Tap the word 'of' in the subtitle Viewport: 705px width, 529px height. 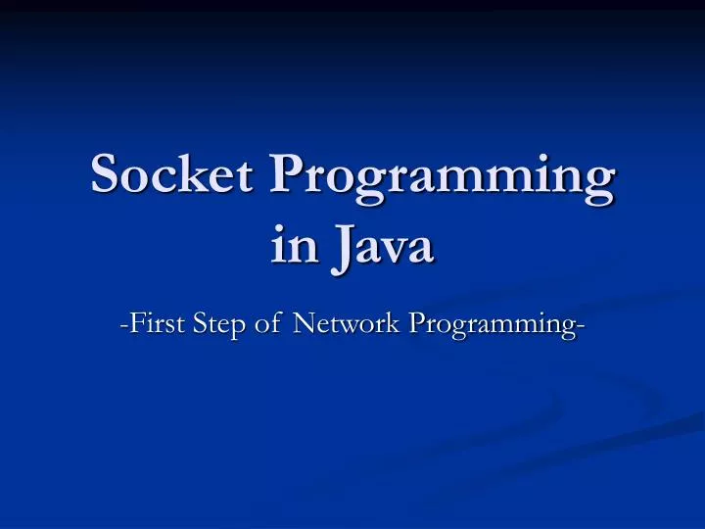click(268, 322)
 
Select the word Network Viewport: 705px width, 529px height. click(348, 322)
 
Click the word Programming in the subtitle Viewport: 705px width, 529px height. click(490, 324)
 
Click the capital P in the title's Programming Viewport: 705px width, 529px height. click(289, 176)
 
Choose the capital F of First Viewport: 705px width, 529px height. click(133, 322)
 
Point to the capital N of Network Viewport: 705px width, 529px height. click(304, 322)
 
